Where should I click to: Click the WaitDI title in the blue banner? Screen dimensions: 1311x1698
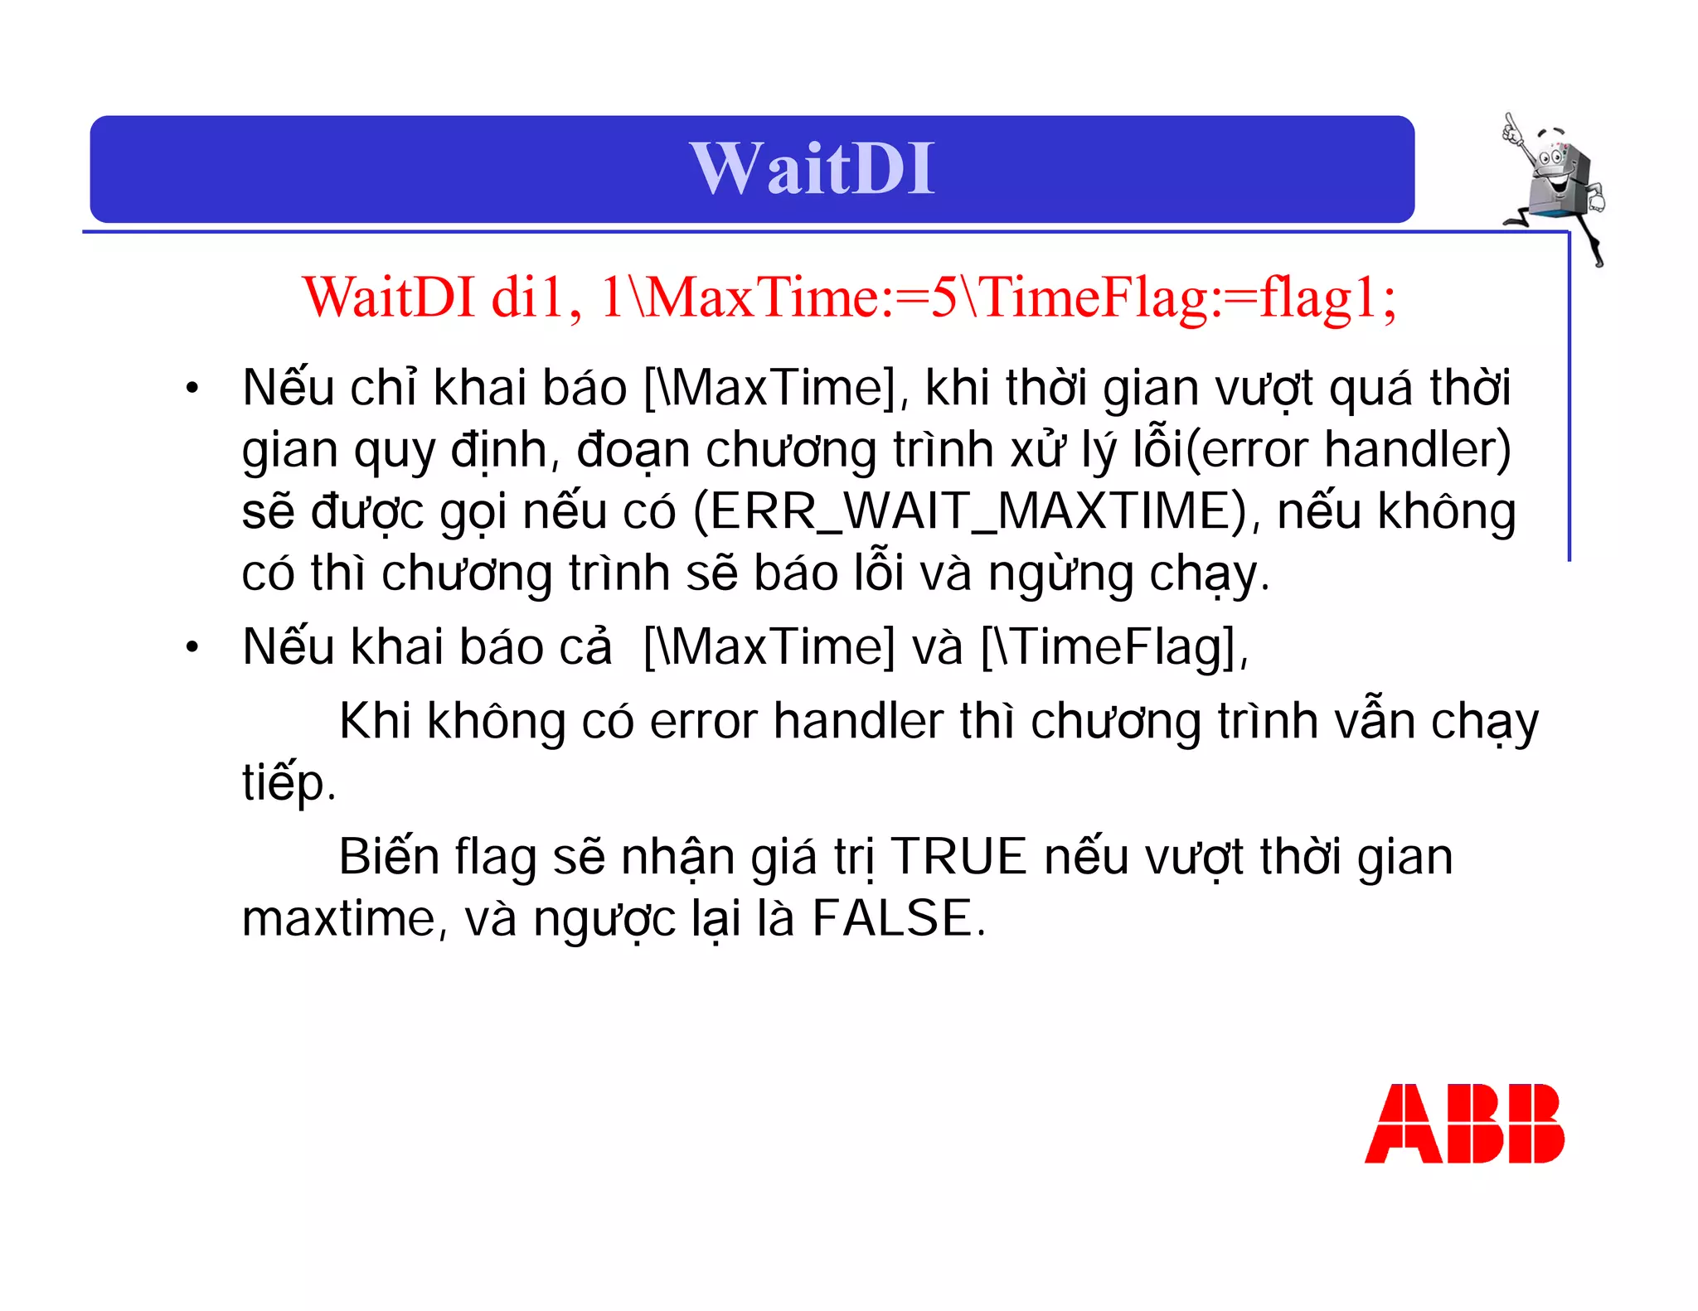(812, 169)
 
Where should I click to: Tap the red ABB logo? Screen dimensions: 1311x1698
(1464, 1124)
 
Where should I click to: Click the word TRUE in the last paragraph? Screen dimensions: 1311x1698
(958, 857)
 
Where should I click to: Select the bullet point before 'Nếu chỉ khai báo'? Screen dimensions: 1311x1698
(192, 388)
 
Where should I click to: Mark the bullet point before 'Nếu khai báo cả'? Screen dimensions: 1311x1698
(192, 646)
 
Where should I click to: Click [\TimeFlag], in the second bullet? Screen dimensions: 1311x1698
(1114, 646)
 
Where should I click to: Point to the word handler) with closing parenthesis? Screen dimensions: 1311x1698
(1418, 450)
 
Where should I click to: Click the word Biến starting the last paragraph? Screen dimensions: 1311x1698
(388, 857)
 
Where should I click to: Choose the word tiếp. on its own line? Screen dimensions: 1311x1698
(289, 782)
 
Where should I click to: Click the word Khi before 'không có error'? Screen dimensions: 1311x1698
(375, 721)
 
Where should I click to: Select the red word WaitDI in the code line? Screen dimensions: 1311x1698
(389, 297)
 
